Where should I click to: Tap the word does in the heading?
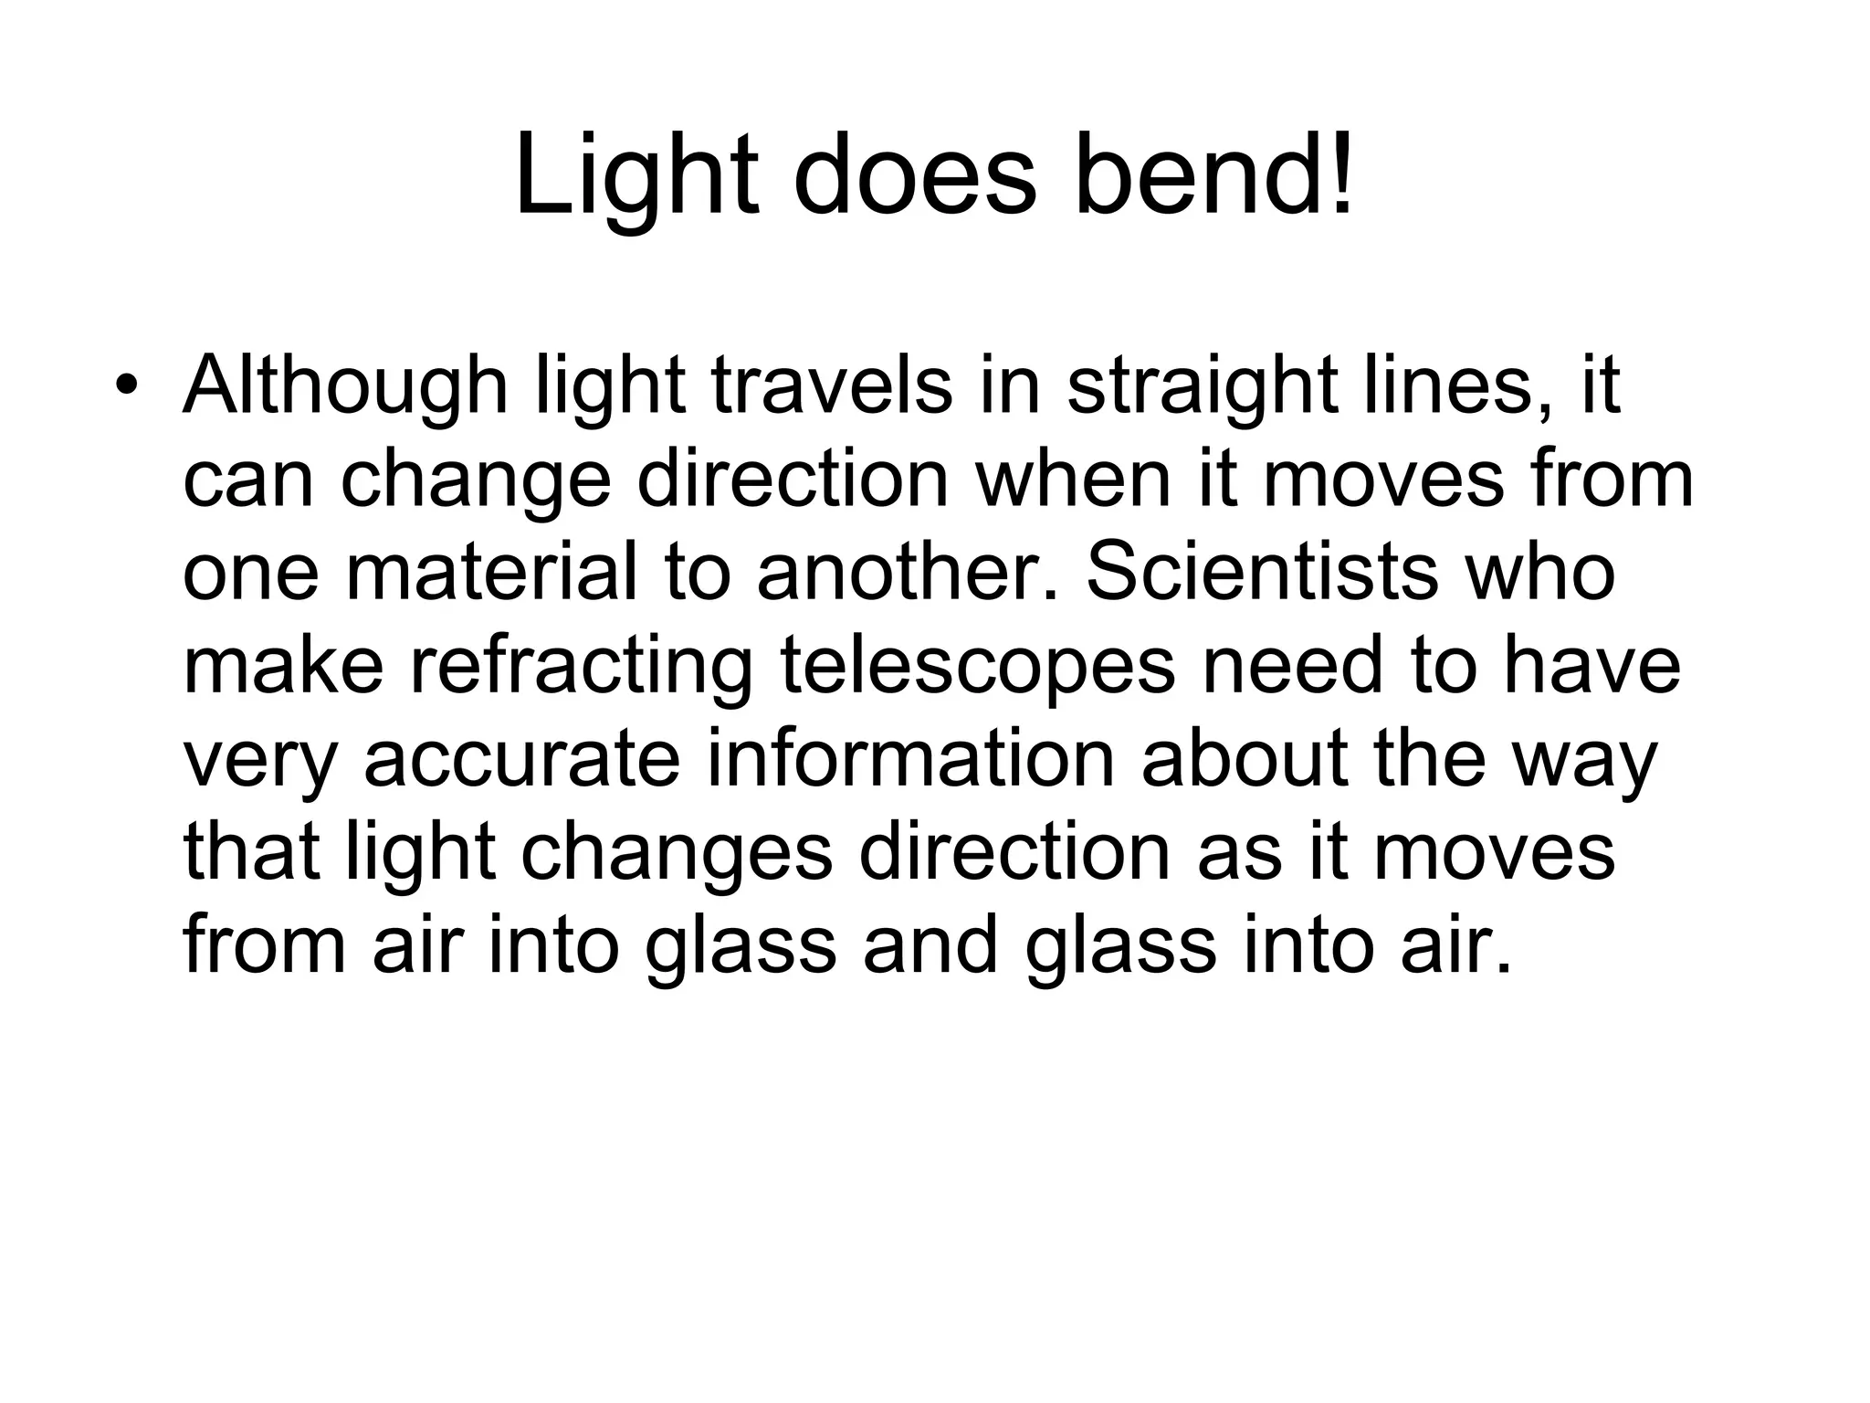click(x=916, y=176)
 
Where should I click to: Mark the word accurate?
click(x=522, y=760)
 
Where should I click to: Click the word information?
click(x=910, y=760)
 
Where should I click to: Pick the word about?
click(x=1245, y=760)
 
